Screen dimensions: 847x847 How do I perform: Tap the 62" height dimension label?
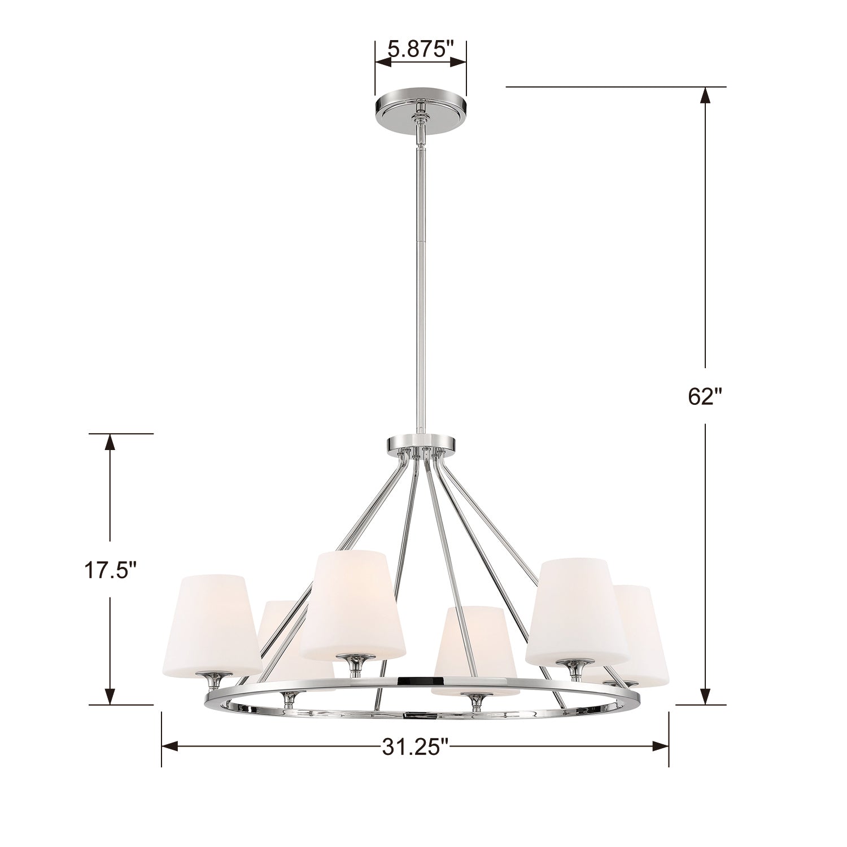click(x=705, y=397)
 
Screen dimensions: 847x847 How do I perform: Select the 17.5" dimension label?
click(x=111, y=570)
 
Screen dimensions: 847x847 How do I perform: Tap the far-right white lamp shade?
click(x=641, y=635)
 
